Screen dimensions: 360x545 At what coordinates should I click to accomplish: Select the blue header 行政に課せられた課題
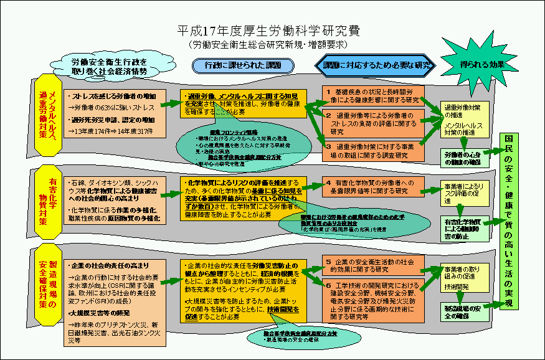242,65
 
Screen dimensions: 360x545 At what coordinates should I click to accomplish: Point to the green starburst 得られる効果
483,64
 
